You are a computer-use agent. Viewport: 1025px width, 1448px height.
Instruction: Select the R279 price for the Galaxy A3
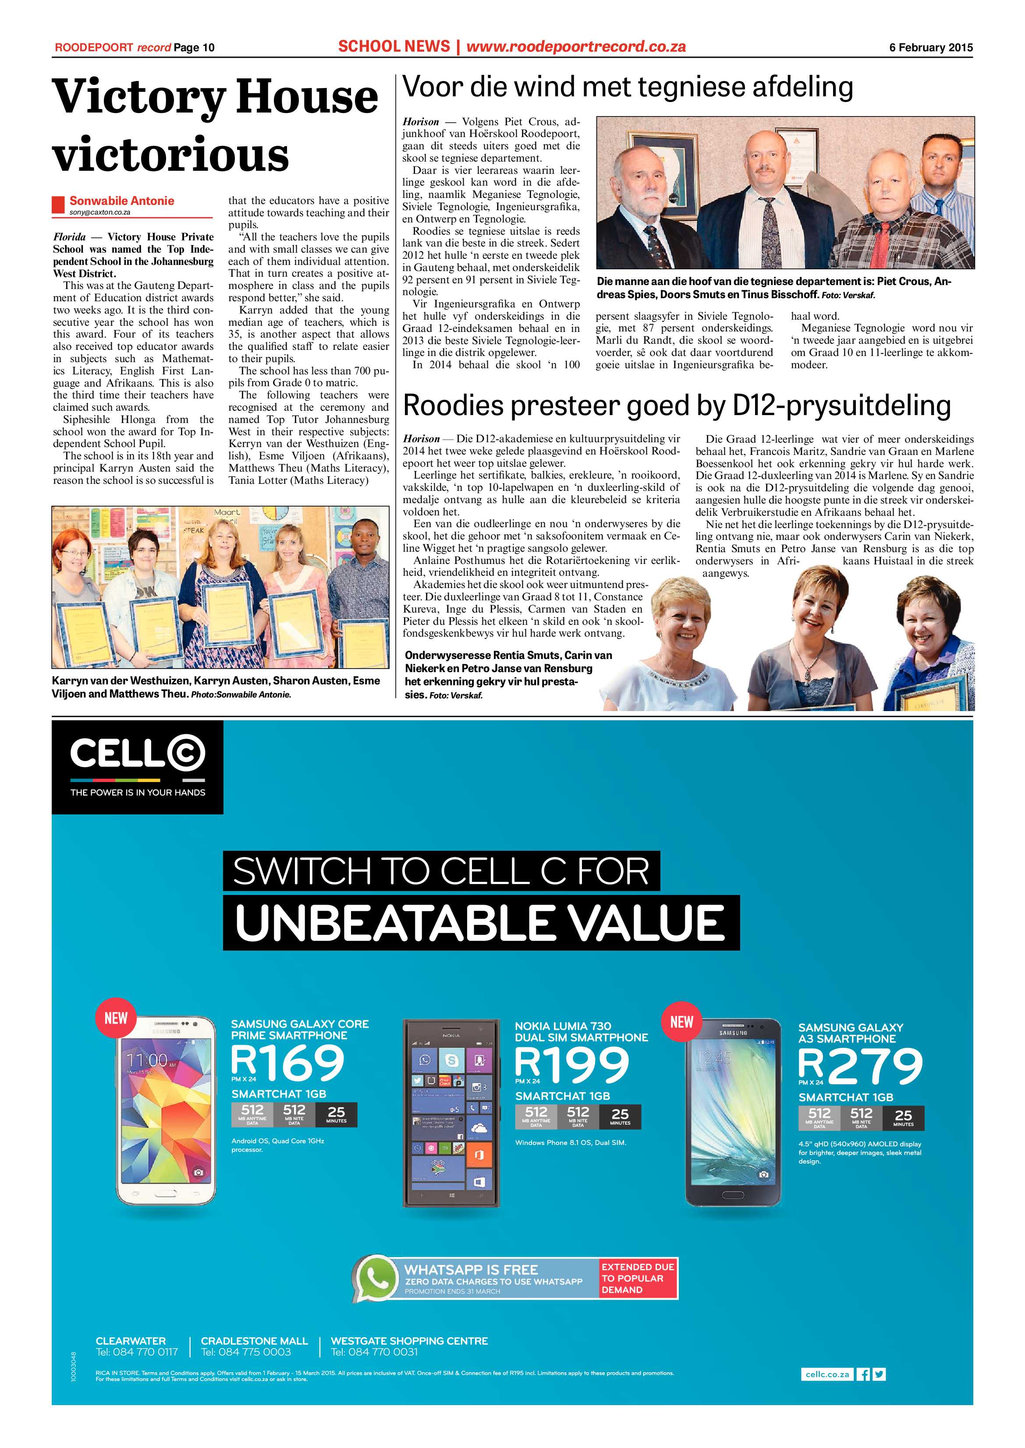click(x=860, y=1066)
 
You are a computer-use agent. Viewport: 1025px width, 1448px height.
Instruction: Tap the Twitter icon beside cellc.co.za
click(x=879, y=1374)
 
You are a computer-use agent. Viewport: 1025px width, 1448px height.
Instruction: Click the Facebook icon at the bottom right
click(x=863, y=1374)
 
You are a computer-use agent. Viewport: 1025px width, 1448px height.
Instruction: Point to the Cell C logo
click(x=138, y=754)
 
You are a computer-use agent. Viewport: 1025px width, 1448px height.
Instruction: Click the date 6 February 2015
click(x=931, y=47)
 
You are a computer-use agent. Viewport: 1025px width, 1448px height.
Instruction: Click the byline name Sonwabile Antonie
click(x=122, y=201)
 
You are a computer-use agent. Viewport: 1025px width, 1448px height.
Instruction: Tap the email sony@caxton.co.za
click(x=100, y=212)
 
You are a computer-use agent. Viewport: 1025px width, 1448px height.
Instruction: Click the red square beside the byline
click(x=58, y=204)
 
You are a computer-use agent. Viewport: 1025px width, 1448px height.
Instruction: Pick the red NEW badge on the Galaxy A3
click(x=681, y=1022)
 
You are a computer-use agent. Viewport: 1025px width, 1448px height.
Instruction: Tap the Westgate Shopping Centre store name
click(x=409, y=1341)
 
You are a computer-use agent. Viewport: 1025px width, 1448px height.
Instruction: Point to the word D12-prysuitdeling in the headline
click(x=841, y=405)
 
